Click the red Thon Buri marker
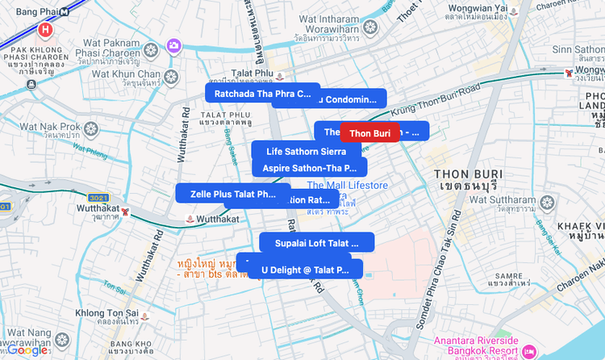pos(370,132)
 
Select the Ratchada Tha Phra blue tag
pos(262,94)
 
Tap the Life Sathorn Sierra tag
pos(307,151)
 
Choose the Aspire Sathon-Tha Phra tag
pos(310,168)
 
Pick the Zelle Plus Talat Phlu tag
pos(233,194)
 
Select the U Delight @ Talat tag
pos(305,270)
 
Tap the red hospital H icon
pos(45,31)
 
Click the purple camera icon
pos(173,45)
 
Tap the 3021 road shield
pos(98,198)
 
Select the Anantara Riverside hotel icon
pos(529,351)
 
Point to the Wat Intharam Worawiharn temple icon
pos(370,27)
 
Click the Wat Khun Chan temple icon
pos(171,77)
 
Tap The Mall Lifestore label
pos(347,186)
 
